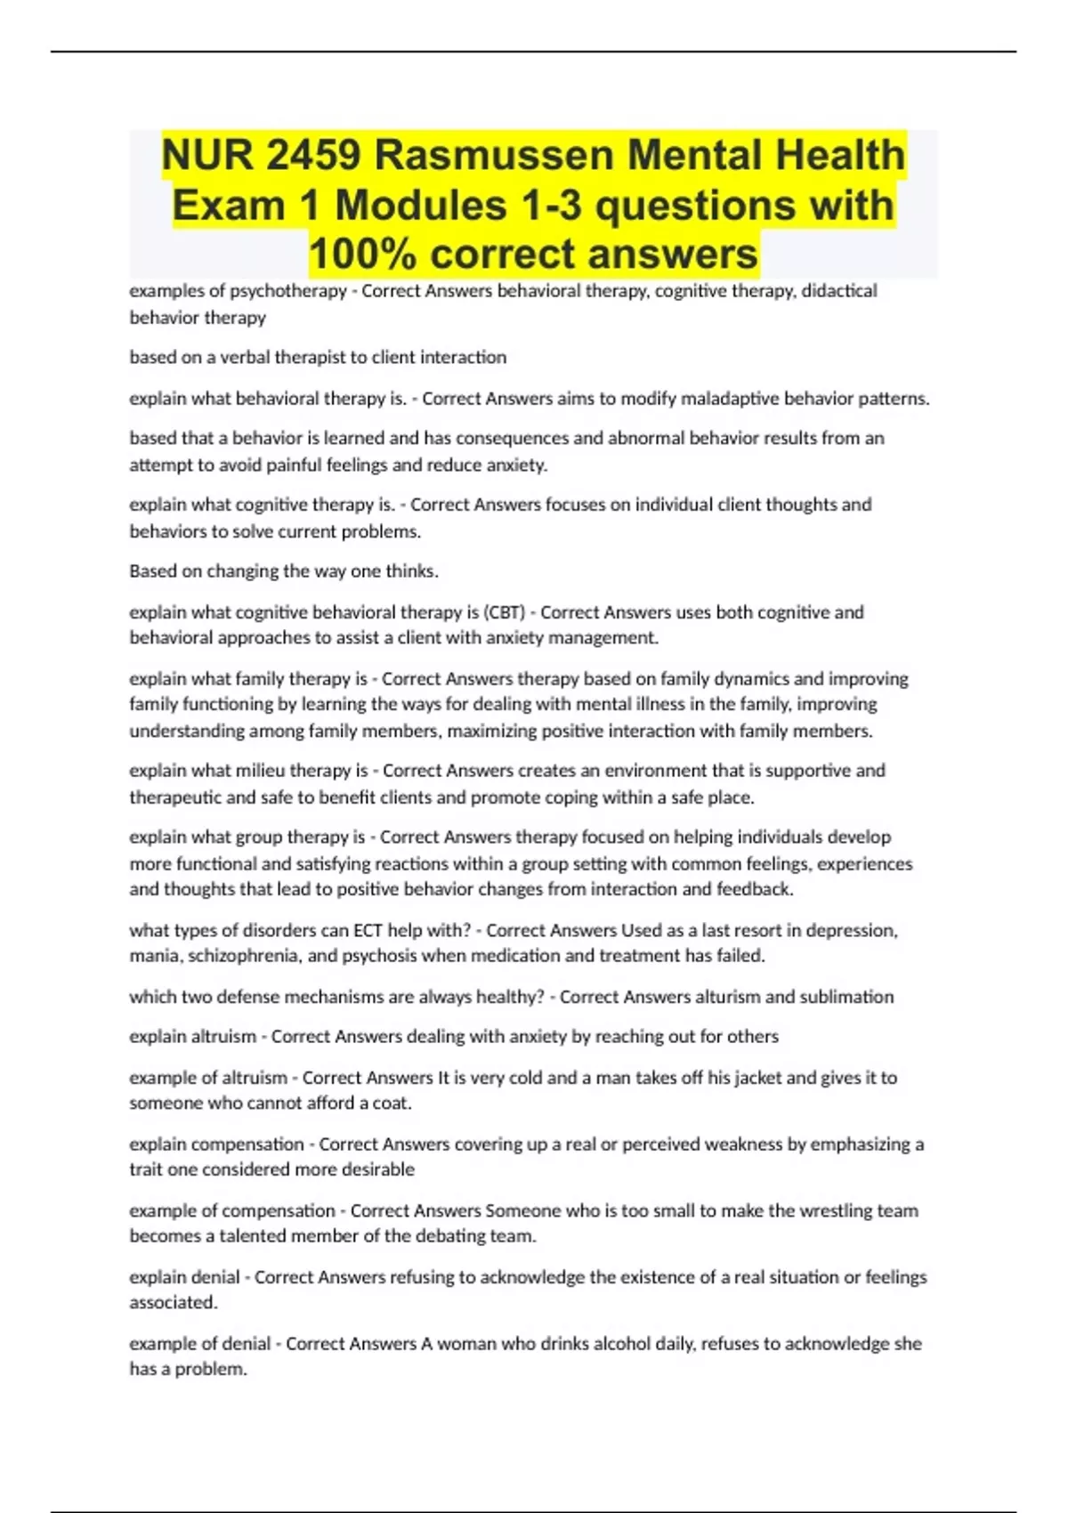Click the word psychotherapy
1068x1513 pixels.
click(x=288, y=291)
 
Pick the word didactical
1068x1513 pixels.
click(x=839, y=291)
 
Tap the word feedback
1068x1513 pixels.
click(x=753, y=889)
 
